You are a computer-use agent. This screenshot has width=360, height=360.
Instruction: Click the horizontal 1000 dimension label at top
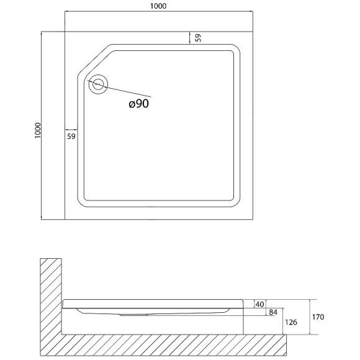[x=158, y=6]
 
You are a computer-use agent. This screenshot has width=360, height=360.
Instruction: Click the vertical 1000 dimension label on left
[x=37, y=130]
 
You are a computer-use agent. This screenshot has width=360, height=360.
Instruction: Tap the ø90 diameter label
[x=139, y=104]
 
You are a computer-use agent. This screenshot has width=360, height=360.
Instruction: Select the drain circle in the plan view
[x=98, y=84]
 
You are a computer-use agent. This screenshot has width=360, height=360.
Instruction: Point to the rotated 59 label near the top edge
[x=198, y=38]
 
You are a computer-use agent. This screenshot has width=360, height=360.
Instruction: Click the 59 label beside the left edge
[x=71, y=137]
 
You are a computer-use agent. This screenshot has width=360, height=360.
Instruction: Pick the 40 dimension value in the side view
[x=259, y=304]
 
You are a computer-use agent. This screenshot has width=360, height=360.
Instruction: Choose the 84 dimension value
[x=273, y=312]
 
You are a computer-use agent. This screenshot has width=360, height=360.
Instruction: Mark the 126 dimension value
[x=291, y=322]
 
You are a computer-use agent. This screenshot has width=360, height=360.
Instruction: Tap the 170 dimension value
[x=318, y=317]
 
